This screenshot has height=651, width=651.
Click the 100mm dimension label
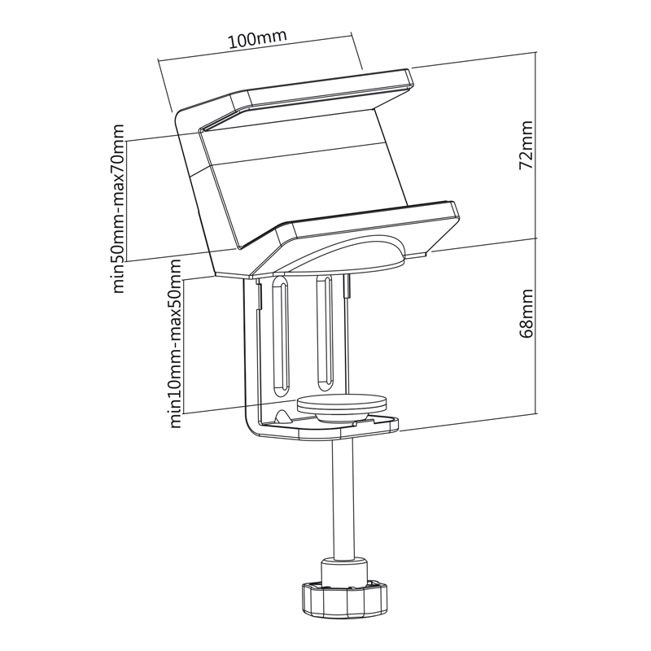coord(257,39)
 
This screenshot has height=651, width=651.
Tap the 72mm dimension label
coord(526,145)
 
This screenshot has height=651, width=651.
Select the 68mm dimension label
coord(526,313)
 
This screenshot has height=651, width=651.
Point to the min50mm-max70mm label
coord(118,208)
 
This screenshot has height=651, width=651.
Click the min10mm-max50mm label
coord(176,343)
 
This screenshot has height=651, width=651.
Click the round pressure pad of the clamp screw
coord(342,409)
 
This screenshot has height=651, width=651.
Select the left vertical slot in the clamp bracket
coord(280,335)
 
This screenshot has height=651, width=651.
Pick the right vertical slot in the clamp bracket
coord(324,333)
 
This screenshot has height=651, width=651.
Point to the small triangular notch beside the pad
coord(282,417)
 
